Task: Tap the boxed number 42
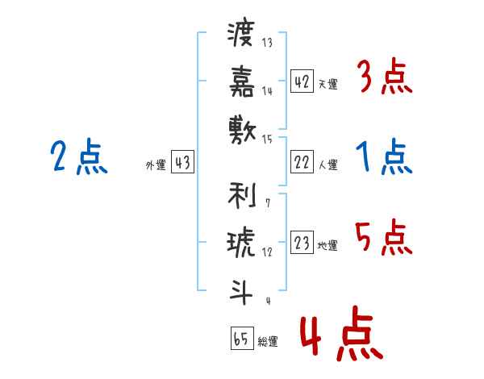point(302,81)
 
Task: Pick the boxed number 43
point(182,163)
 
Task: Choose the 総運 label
point(268,340)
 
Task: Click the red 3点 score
point(383,78)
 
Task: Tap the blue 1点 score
point(383,157)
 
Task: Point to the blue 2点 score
point(79,156)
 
